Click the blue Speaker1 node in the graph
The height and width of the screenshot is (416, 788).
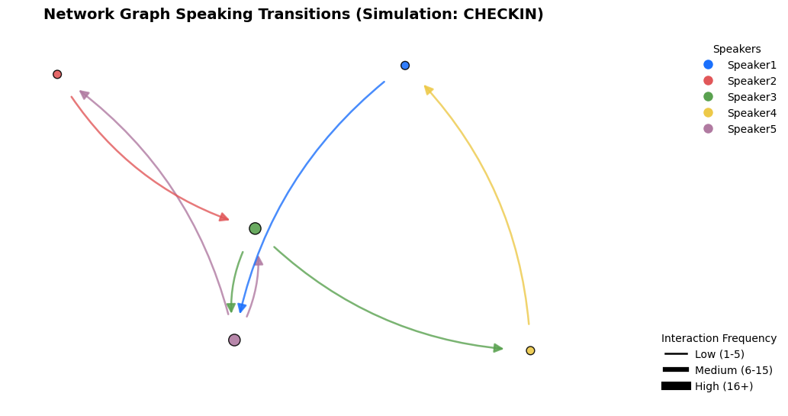coord(405,66)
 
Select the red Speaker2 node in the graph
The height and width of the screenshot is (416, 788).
coord(57,75)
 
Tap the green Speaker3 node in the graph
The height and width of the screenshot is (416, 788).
coord(256,229)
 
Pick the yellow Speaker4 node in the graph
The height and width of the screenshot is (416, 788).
coord(530,350)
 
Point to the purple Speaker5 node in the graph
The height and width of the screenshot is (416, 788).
coord(234,340)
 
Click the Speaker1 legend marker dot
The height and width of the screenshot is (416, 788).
coord(708,64)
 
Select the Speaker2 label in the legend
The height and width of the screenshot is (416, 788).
coord(752,81)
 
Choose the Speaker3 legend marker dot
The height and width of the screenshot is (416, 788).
coord(708,97)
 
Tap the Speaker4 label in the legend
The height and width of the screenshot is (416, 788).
coord(752,113)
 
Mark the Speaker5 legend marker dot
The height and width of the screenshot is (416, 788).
coord(708,129)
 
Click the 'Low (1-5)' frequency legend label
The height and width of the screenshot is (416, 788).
coord(719,354)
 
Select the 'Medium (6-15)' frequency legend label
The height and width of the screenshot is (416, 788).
coord(734,370)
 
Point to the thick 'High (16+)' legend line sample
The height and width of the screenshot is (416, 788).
coord(676,385)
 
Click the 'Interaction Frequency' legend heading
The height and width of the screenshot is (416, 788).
coord(719,338)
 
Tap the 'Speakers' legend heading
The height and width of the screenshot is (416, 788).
coord(737,49)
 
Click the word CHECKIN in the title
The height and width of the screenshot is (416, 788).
coord(500,14)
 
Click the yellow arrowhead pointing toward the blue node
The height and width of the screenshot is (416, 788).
coord(428,89)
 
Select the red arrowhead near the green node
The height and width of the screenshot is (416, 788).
coord(224,217)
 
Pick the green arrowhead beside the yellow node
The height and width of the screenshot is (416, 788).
coord(497,348)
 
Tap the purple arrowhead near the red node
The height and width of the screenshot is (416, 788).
coord(84,94)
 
